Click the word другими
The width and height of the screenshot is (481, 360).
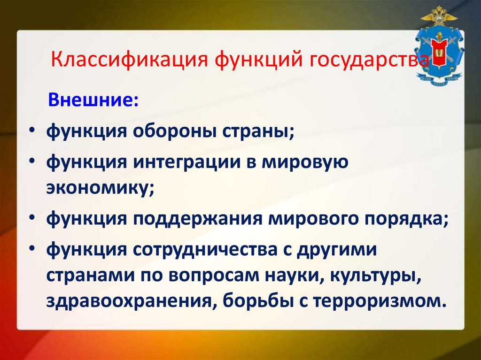tap(336, 250)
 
